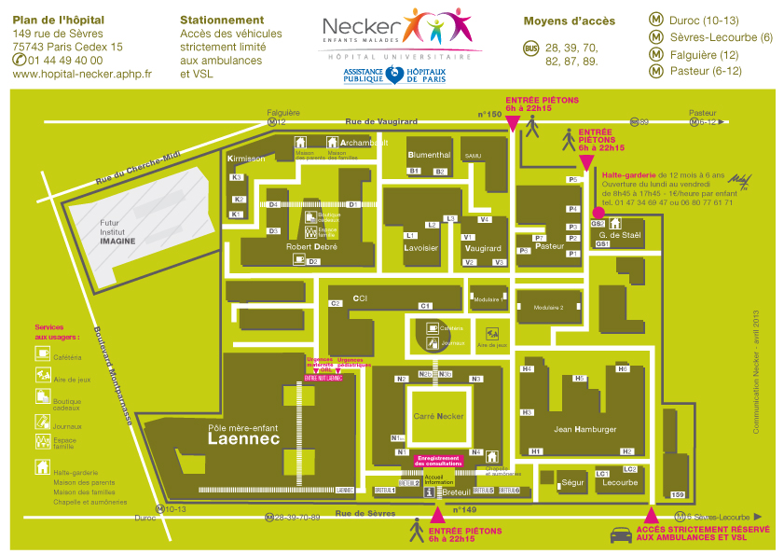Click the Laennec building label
pos(243,441)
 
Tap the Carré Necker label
pos(437,416)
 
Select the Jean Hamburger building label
pos(585,429)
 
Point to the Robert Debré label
pos(311,247)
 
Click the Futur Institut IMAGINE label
pos(118,231)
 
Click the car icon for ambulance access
pos(621,535)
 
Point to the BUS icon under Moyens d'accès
pos(530,48)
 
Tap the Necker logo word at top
pos(362,27)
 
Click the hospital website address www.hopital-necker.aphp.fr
pos(82,74)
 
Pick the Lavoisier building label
pos(420,248)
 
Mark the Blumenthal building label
pos(429,154)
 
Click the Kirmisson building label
pos(246,159)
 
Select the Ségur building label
pos(572,483)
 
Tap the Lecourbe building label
pos(620,483)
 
